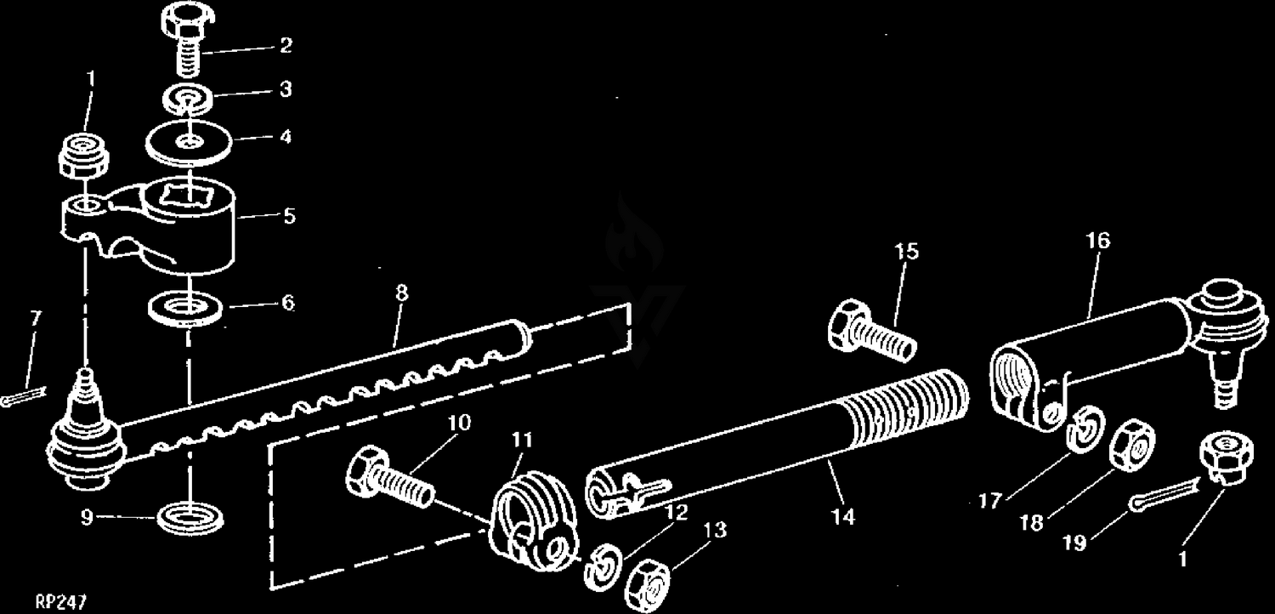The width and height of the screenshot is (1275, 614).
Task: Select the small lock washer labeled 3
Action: [x=188, y=99]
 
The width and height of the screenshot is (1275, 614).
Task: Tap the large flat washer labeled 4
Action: [x=188, y=141]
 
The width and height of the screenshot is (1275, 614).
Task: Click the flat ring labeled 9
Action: [x=190, y=518]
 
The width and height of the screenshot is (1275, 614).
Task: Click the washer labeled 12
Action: [x=603, y=568]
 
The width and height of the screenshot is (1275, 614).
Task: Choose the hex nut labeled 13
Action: [x=647, y=587]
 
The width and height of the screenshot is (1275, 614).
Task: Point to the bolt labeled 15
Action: [x=871, y=330]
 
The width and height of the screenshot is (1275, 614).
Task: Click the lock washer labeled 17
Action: [x=1085, y=429]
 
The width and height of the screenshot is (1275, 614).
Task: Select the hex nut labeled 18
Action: [x=1132, y=446]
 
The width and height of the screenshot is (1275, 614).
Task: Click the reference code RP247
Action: [x=61, y=602]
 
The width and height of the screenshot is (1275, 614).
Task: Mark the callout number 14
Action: [x=843, y=516]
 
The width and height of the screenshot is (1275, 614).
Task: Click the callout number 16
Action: [x=1098, y=241]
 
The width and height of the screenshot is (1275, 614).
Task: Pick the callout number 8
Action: [x=402, y=293]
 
